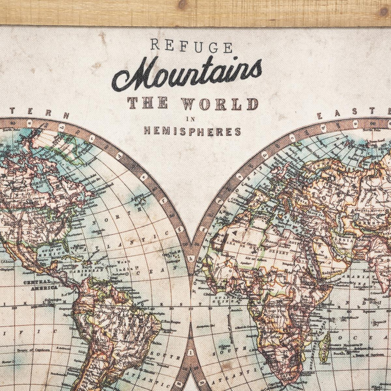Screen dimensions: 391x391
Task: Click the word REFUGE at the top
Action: click(x=191, y=46)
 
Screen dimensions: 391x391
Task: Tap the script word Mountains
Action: click(x=186, y=74)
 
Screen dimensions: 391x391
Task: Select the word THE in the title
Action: click(x=147, y=103)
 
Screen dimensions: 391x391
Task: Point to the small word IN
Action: click(x=191, y=119)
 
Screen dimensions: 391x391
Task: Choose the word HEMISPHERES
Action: click(x=192, y=131)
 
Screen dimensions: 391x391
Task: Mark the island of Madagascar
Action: click(x=324, y=348)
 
